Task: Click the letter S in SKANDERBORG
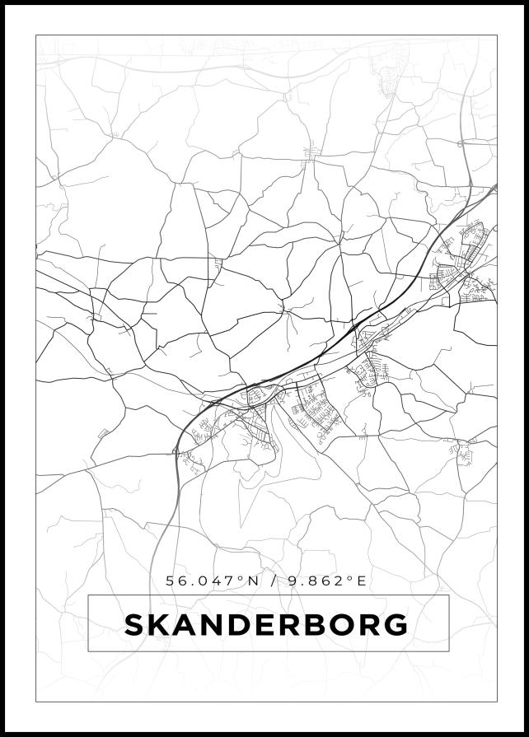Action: (134, 625)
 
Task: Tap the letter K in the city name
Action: (160, 625)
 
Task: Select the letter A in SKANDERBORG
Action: (187, 625)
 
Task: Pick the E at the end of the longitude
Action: (360, 581)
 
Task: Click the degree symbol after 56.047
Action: (241, 578)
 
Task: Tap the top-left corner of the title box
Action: (88, 596)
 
